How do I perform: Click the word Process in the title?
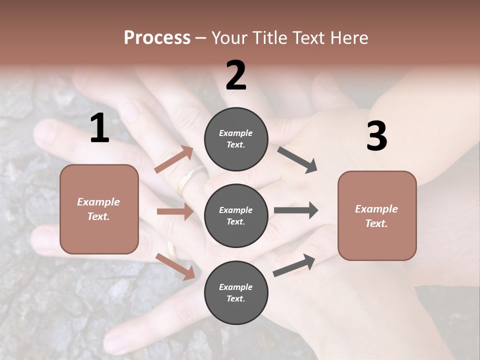point(157,38)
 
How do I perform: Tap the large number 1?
point(99,128)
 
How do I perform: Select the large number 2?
point(236,75)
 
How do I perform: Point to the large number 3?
point(376,136)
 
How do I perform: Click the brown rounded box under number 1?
point(99,209)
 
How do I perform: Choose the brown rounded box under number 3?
point(377,215)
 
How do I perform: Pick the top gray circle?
point(236,139)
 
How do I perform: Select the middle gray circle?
point(236,215)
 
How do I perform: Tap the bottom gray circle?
point(236,292)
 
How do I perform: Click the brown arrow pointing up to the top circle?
point(174,159)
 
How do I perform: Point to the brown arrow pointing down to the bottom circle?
point(175,266)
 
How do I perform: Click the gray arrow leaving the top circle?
point(297,159)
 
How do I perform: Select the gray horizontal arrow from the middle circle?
point(295,210)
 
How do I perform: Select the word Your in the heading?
point(229,38)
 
